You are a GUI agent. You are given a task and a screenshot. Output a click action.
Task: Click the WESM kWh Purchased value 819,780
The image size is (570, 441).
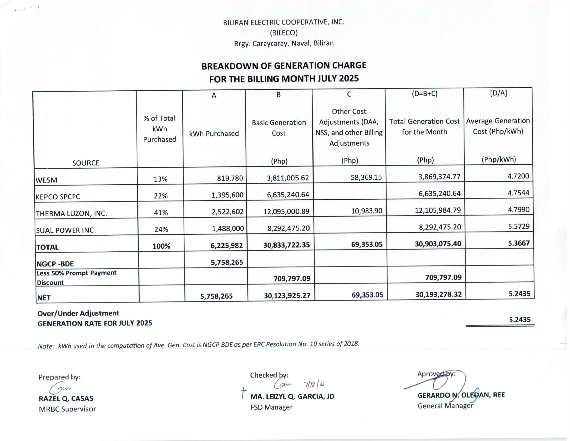point(230,178)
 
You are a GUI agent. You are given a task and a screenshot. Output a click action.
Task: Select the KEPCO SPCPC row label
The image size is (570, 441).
point(58,197)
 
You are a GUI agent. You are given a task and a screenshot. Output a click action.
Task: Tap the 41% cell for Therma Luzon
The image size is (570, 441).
point(161,213)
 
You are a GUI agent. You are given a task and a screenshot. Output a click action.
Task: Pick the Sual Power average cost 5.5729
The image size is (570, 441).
point(519,226)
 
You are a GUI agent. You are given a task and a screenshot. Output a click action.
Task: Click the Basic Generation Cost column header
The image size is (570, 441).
point(279,128)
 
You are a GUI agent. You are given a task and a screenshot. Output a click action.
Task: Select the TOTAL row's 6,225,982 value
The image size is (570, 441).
point(227,245)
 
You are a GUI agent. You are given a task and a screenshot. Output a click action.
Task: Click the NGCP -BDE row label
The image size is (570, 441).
point(55,264)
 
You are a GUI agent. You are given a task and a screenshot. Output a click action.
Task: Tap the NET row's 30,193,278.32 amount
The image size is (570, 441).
point(438,295)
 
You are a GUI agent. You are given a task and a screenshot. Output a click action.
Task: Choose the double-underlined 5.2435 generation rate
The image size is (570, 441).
point(520,320)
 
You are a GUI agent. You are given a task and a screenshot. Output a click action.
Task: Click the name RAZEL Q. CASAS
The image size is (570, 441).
point(66,398)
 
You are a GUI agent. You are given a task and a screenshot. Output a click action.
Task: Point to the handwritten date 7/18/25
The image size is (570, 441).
point(314,385)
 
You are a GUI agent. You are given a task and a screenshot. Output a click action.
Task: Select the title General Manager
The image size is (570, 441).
point(445,406)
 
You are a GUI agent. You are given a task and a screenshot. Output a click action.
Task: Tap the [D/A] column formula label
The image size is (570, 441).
point(498,93)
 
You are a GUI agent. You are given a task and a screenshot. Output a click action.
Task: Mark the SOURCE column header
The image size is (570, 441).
point(85,163)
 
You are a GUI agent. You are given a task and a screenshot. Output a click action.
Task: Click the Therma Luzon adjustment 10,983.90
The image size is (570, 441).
point(366,211)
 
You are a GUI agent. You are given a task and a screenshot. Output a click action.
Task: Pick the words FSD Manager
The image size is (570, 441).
point(271,407)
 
